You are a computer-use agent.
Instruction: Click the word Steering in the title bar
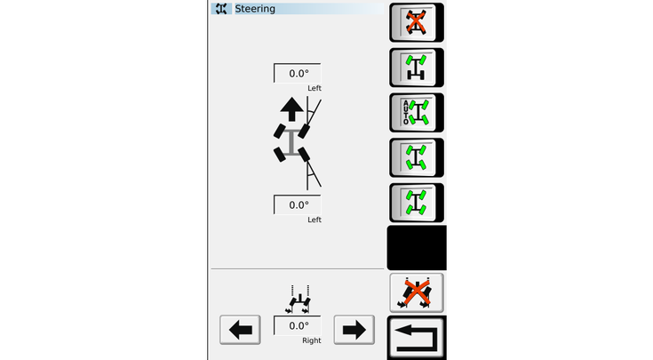coord(255,9)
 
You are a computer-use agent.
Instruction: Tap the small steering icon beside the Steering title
coord(221,9)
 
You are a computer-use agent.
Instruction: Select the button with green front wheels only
coord(416,68)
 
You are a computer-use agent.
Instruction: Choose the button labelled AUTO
coord(416,113)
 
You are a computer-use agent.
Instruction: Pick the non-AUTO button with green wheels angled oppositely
coord(416,157)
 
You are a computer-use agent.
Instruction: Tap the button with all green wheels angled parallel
coord(416,203)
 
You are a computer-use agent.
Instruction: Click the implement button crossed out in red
coord(416,293)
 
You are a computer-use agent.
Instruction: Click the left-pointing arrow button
coord(240,330)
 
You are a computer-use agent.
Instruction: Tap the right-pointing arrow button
coord(354,330)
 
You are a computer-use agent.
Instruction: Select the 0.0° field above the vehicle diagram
coord(298,73)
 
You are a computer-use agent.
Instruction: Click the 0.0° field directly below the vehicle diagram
coord(298,204)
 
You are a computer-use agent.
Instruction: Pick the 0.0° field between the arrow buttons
coord(298,325)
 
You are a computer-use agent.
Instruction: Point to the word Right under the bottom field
coord(312,340)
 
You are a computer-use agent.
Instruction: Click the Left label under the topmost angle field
coord(315,88)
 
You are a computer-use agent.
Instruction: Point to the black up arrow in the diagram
coord(291,109)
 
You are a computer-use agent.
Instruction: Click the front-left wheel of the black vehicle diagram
coord(280,132)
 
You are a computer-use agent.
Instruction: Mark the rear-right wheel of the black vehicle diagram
coord(304,154)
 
